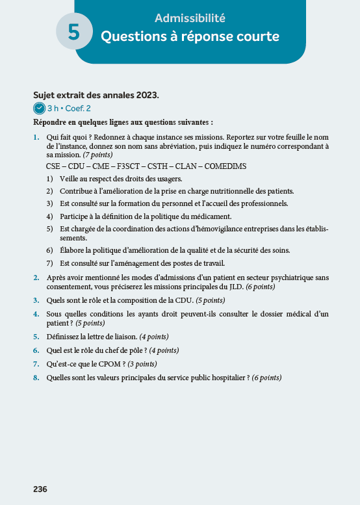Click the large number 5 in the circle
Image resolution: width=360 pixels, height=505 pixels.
pos(74,33)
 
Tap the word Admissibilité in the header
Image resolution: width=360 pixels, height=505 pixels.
pos(190,18)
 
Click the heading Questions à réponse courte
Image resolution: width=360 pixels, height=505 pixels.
pos(190,36)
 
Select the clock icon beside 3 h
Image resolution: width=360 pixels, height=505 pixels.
pos(39,109)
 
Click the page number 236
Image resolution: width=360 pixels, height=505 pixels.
pos(40,489)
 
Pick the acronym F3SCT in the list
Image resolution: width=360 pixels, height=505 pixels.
pos(129,166)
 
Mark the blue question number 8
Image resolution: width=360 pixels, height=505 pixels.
pos(36,377)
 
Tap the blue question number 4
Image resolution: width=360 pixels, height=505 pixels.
pos(36,314)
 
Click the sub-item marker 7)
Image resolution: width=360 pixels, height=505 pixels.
pos(50,263)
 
